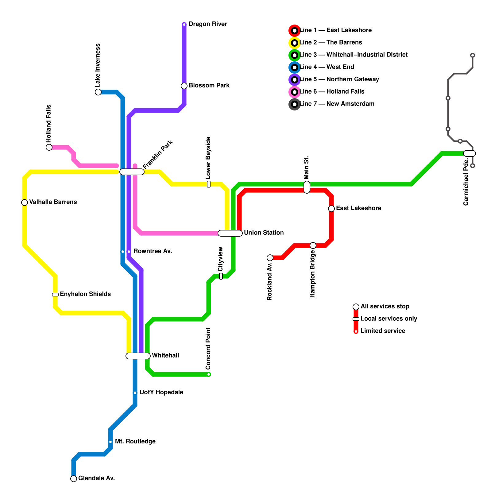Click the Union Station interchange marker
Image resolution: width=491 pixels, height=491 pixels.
pyautogui.click(x=230, y=233)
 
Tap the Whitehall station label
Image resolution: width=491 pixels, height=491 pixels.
pyautogui.click(x=165, y=356)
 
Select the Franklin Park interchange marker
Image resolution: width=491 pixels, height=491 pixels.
pyautogui.click(x=132, y=172)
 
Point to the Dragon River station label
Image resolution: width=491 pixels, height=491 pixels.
pyautogui.click(x=208, y=24)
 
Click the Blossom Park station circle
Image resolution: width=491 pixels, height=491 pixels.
pyautogui.click(x=184, y=86)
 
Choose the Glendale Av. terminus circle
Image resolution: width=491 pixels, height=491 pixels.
pyautogui.click(x=74, y=479)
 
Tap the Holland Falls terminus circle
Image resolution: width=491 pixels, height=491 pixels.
pyautogui.click(x=49, y=147)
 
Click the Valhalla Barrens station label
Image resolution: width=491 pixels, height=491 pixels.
pyautogui.click(x=53, y=202)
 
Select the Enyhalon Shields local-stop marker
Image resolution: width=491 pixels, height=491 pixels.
pyautogui.click(x=55, y=295)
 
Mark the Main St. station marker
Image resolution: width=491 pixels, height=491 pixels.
pyautogui.click(x=307, y=187)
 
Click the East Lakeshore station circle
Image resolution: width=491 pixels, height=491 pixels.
pyautogui.click(x=331, y=209)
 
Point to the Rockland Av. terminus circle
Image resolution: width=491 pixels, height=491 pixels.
pyautogui.click(x=270, y=258)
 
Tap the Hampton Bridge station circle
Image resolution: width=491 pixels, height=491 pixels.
pyautogui.click(x=313, y=245)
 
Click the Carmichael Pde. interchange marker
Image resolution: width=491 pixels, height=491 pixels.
pyautogui.click(x=470, y=153)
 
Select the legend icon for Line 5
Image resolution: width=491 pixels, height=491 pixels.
pyautogui.click(x=295, y=80)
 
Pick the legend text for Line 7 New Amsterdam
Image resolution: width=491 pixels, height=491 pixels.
pyautogui.click(x=337, y=104)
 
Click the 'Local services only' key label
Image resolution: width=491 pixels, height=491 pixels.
pyautogui.click(x=389, y=319)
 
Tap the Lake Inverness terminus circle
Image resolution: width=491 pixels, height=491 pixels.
pyautogui.click(x=98, y=92)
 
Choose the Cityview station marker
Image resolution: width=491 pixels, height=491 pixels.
pyautogui.click(x=221, y=276)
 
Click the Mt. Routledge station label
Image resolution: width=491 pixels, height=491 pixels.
pyautogui.click(x=135, y=442)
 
